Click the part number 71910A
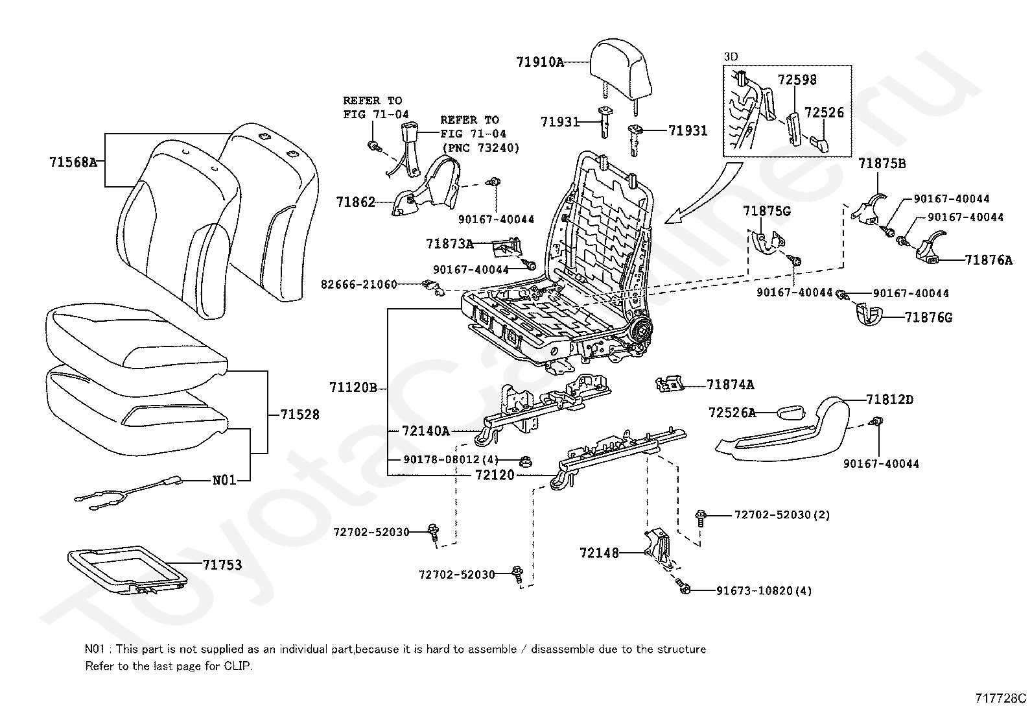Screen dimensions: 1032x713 (540, 62)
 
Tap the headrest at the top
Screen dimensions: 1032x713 (620, 69)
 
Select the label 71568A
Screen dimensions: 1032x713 (73, 162)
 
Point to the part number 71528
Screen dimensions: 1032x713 (299, 415)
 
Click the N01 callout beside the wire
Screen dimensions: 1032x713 (224, 480)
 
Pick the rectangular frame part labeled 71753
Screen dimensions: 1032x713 (128, 570)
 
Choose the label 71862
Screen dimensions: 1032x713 (355, 202)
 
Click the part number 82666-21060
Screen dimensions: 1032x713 (359, 284)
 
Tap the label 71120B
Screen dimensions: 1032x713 (353, 387)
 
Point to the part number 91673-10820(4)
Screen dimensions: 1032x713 (764, 591)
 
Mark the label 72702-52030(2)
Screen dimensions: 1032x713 (782, 514)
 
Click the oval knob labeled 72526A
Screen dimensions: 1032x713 (791, 412)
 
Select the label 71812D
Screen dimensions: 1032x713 (889, 400)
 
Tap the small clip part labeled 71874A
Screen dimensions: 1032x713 (670, 384)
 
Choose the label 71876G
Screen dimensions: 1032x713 (928, 317)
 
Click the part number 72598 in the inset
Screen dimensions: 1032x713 (797, 80)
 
